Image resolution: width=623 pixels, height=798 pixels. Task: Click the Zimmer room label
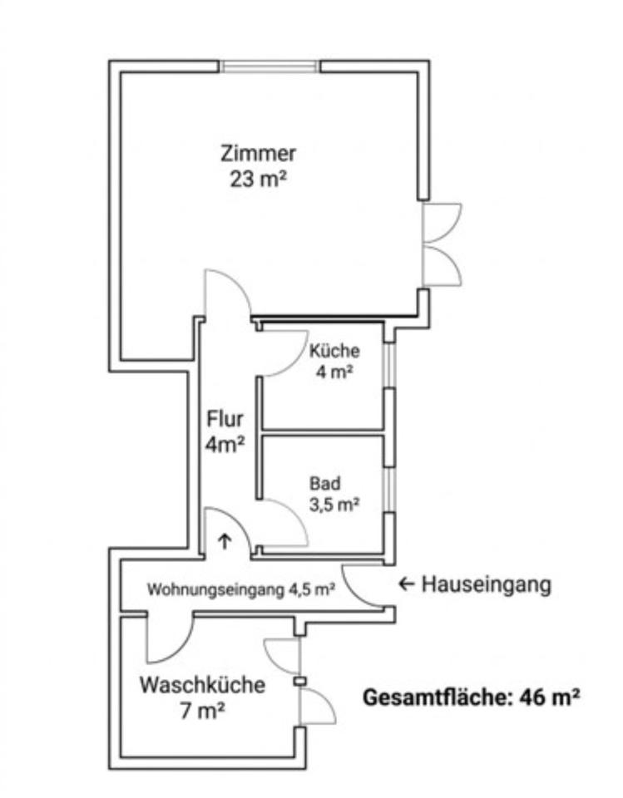[258, 154]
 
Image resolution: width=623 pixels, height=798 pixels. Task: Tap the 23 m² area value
[258, 180]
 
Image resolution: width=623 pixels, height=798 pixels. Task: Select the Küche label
[334, 351]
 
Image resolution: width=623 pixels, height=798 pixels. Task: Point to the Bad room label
[324, 483]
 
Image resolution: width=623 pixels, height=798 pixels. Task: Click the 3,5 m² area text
[334, 504]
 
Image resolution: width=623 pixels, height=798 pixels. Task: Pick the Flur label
[225, 418]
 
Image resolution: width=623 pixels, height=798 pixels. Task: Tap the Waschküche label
[203, 686]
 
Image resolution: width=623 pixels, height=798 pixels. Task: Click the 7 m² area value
[203, 712]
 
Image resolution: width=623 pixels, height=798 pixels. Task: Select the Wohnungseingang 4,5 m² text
[241, 590]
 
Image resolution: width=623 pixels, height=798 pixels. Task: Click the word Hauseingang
[487, 584]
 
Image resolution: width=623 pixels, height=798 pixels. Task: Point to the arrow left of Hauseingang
[406, 584]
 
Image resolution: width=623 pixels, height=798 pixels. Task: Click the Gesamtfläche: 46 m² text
[471, 697]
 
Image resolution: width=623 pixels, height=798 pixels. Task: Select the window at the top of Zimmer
[271, 66]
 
